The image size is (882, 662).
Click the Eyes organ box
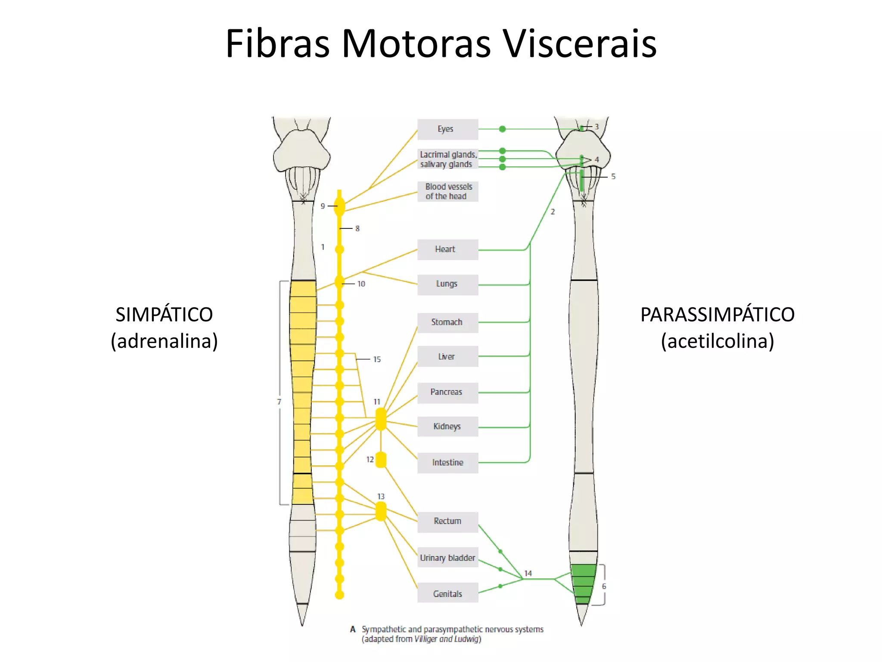click(x=447, y=129)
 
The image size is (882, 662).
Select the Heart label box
click(x=447, y=250)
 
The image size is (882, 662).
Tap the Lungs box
click(x=447, y=284)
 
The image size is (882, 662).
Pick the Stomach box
click(x=447, y=322)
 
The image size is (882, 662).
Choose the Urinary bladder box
click(x=447, y=558)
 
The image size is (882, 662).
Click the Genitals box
click(x=447, y=593)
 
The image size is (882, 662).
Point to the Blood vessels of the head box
click(x=447, y=191)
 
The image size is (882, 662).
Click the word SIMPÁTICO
click(x=164, y=315)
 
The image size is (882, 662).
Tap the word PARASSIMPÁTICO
click(x=717, y=315)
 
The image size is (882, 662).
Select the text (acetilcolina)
click(x=717, y=341)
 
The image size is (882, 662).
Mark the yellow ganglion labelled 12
click(x=381, y=460)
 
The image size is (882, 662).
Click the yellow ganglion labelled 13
click(x=381, y=512)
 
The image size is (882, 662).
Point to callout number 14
click(x=528, y=573)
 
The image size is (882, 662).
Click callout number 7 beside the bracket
click(x=279, y=402)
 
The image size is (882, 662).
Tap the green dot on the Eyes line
click(x=502, y=129)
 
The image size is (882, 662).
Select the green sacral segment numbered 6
click(x=583, y=584)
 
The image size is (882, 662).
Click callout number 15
click(x=377, y=359)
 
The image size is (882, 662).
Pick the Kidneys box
click(x=447, y=427)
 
